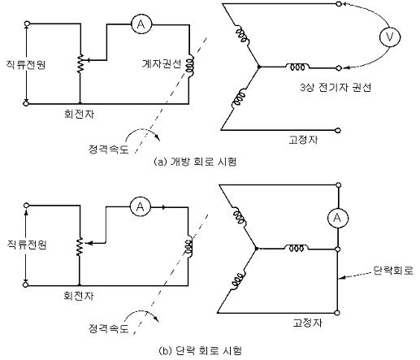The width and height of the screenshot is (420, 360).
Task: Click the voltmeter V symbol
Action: click(x=390, y=37)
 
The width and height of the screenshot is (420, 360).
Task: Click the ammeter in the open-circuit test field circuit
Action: click(x=141, y=24)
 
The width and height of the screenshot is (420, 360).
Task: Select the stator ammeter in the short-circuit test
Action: click(x=337, y=218)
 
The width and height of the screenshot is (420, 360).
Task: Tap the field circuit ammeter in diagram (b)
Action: click(x=140, y=207)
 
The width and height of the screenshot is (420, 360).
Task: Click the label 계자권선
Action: click(x=162, y=64)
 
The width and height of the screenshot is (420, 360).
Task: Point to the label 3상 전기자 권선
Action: click(x=336, y=88)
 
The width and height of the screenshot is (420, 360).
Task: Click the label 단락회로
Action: click(x=393, y=271)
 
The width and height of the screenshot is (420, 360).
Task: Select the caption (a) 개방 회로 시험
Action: click(x=195, y=162)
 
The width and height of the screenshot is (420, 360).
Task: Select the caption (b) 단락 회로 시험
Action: click(x=200, y=350)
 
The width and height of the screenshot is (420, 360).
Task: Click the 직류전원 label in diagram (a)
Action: click(x=26, y=65)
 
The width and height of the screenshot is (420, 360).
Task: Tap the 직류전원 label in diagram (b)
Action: click(x=27, y=245)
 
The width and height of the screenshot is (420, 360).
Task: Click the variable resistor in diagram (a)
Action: click(x=80, y=63)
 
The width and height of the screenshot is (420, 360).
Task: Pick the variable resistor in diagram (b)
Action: click(x=80, y=246)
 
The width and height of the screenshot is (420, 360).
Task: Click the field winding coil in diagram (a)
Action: click(x=189, y=65)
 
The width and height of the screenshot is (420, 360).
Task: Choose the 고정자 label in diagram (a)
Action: click(x=303, y=140)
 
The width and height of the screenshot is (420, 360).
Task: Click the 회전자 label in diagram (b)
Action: click(x=79, y=296)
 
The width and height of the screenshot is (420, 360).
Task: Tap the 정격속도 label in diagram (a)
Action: click(x=108, y=149)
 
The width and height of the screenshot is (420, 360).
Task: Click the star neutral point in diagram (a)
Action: click(x=259, y=67)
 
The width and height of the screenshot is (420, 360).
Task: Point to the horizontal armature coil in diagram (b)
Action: click(x=297, y=248)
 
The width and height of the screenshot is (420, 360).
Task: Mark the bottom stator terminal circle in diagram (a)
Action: click(x=337, y=131)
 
